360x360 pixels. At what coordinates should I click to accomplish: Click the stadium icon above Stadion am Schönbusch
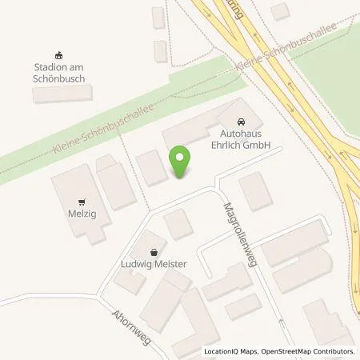58,48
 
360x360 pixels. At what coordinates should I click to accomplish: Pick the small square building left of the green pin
150,167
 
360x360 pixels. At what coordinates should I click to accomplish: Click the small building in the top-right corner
279,10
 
